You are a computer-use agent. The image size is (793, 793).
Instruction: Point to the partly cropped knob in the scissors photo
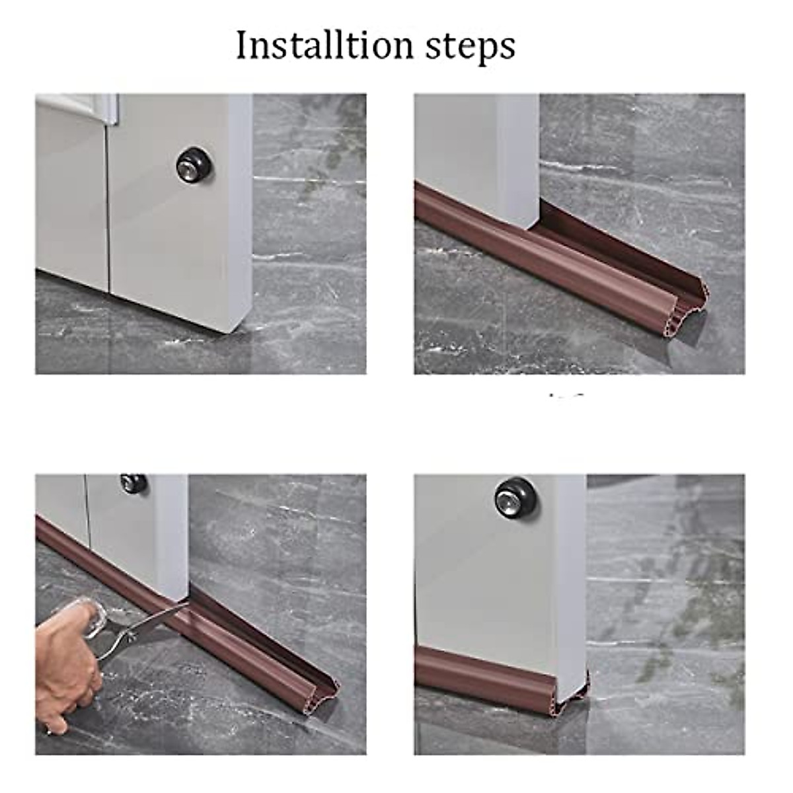coord(133,483)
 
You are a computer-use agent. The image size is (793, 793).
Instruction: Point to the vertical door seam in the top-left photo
coord(108,198)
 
